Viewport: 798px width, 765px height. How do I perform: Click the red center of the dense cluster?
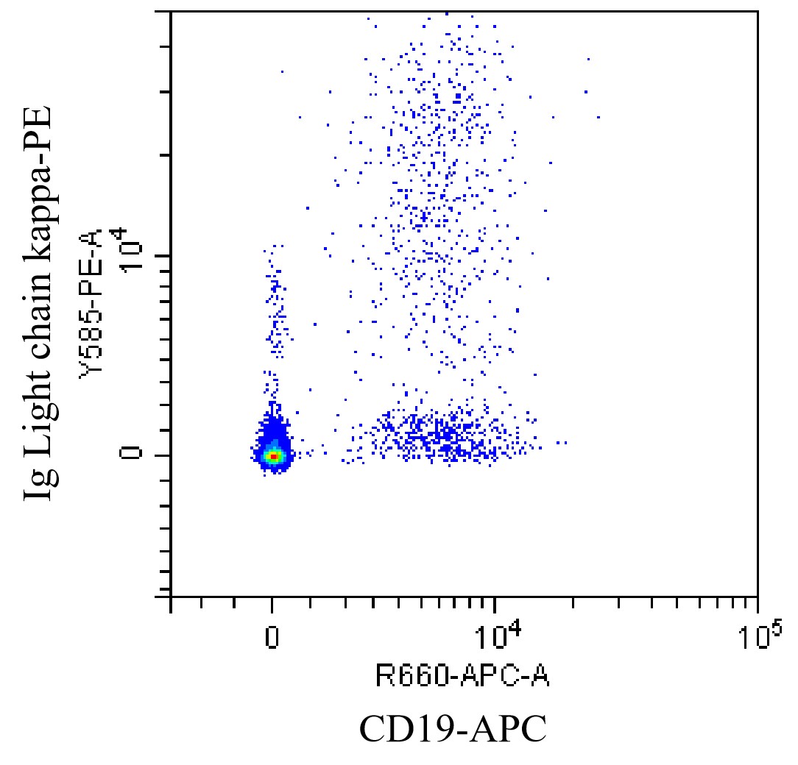[x=273, y=456]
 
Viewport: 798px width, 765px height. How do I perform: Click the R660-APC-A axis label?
[x=462, y=674]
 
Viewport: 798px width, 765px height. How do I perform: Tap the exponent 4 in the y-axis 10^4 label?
[x=122, y=238]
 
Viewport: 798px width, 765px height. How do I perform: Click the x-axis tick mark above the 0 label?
[x=272, y=604]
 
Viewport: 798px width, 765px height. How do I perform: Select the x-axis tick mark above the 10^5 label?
[x=758, y=604]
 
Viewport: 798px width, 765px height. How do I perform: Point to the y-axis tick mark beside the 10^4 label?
[x=163, y=255]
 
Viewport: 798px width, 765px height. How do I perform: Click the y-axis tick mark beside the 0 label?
[x=163, y=455]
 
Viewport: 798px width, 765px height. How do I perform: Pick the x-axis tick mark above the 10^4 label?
[x=495, y=604]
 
